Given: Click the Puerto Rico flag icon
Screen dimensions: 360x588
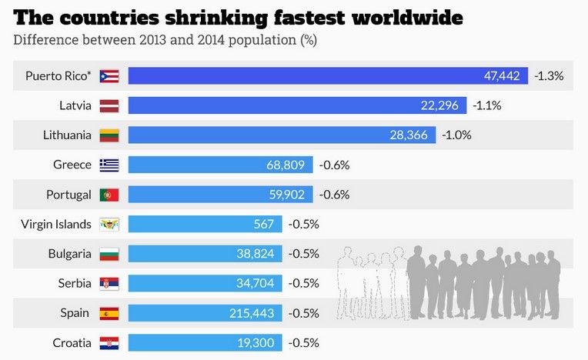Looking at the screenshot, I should click(x=109, y=75).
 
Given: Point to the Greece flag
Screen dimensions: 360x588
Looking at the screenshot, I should click(x=109, y=165).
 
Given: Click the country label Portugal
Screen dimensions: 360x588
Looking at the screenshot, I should click(x=68, y=195).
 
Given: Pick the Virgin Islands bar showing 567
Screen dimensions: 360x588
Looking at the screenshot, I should click(x=205, y=224).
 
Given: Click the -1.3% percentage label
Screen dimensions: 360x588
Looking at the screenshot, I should click(x=550, y=75).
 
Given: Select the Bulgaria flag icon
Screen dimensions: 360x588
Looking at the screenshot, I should click(x=109, y=254).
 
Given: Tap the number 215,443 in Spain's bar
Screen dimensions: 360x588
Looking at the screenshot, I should click(x=252, y=313).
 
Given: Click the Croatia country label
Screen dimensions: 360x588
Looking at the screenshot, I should click(x=72, y=342).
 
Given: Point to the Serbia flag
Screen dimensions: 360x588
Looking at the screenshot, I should click(x=109, y=283).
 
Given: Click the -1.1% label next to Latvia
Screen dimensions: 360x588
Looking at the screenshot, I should click(x=487, y=105).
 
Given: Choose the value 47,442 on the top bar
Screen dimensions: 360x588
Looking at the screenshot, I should click(x=502, y=75).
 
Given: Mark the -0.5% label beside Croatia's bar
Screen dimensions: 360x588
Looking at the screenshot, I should click(x=303, y=342).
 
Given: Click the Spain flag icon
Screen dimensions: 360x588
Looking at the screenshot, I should click(x=109, y=313).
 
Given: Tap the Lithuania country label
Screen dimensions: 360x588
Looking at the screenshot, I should click(x=67, y=135).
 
